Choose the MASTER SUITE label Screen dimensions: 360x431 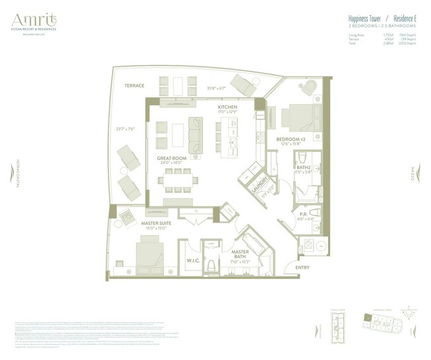click(157, 223)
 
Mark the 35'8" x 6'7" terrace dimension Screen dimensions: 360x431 click(217, 88)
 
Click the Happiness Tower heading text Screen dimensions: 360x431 click(367, 19)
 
